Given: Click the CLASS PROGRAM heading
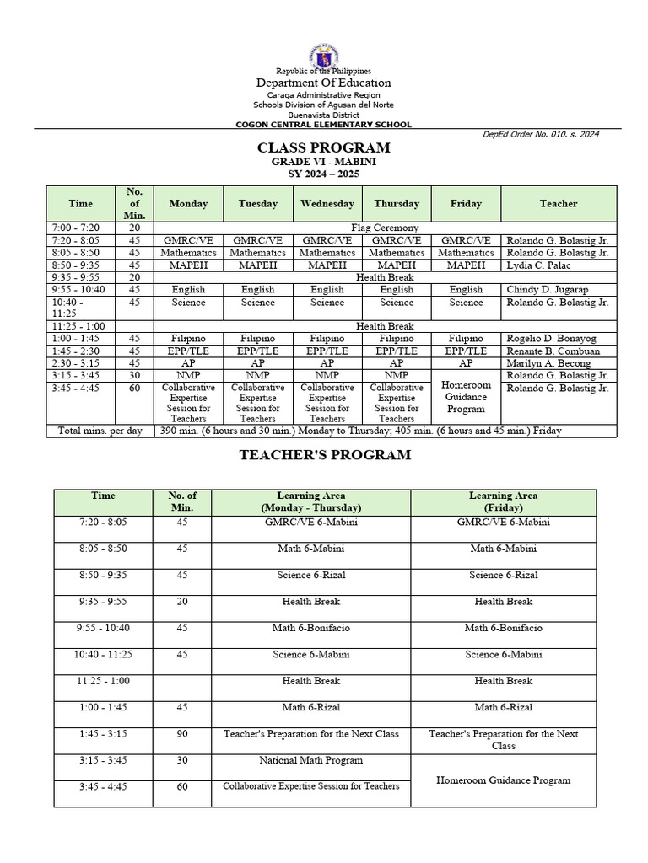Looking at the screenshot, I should [324, 148].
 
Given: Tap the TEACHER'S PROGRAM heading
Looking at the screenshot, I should [324, 454].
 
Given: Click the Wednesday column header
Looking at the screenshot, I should [327, 204].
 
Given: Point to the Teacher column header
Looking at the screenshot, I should [559, 204].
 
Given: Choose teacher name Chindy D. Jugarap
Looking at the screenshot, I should [547, 289].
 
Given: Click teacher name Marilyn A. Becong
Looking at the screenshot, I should [548, 363].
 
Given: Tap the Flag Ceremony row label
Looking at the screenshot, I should [385, 228].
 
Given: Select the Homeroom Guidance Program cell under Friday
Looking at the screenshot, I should [466, 396].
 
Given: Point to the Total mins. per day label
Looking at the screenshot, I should [100, 431].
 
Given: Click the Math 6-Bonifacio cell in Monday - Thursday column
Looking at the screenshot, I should [311, 628].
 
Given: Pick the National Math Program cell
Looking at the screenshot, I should [311, 760].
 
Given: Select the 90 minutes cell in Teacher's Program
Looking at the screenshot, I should [182, 734].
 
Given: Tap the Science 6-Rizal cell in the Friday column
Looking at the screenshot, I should [503, 575].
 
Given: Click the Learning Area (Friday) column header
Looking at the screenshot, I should [503, 501].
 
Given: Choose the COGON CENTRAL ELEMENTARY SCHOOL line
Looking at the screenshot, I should [324, 124].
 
